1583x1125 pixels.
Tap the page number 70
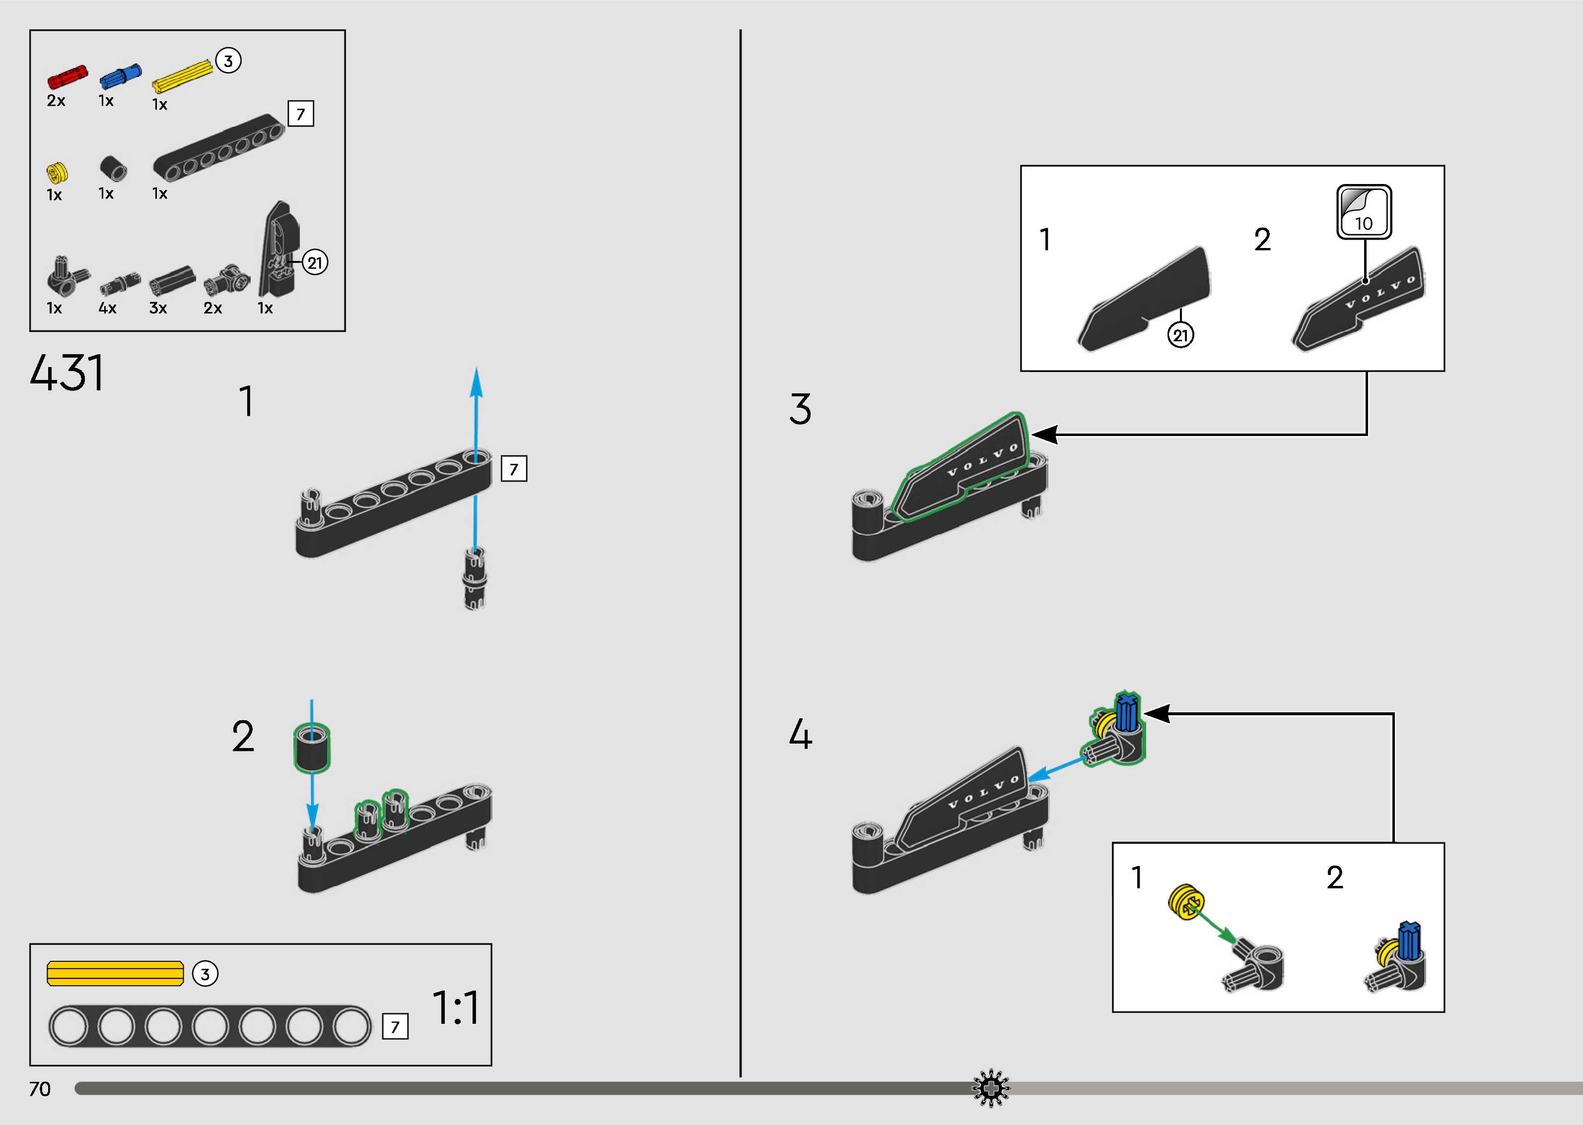40,1089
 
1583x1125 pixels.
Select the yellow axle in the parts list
182,75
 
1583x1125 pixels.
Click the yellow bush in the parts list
57,172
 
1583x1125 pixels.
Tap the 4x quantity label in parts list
107,308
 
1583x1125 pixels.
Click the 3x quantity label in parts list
158,308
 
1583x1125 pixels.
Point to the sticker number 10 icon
1363,211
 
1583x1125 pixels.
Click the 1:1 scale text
455,1008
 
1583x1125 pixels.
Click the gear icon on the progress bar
991,1088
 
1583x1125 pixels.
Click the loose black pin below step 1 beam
475,578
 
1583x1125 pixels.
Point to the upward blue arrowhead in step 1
476,382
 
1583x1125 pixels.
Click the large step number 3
801,409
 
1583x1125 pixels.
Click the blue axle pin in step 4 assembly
1127,713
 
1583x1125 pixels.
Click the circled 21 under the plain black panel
1180,335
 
